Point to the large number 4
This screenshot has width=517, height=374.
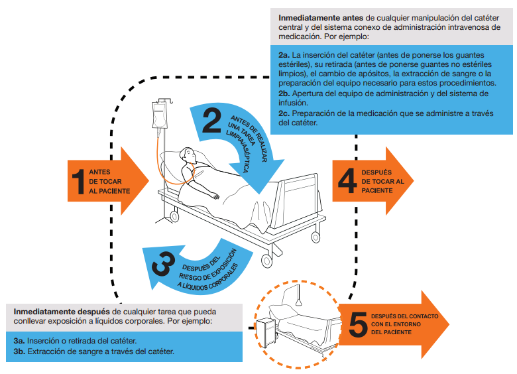347,180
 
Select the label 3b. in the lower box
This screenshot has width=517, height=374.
19,351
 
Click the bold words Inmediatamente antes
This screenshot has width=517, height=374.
311,15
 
